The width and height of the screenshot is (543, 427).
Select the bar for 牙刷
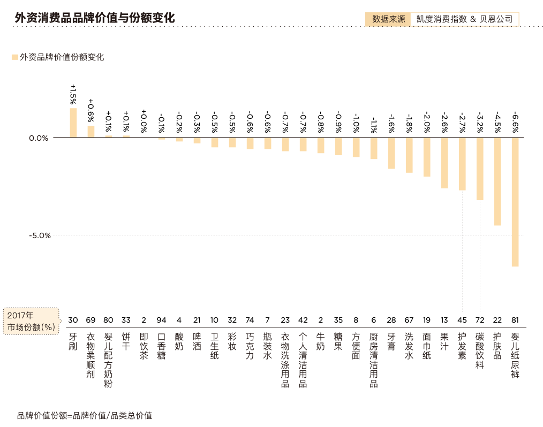tap(73, 123)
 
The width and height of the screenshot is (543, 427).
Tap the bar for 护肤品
tap(497, 181)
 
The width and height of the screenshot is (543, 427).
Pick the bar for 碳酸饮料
tap(480, 169)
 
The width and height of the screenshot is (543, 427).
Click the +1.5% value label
tap(73, 94)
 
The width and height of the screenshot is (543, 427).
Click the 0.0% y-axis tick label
tap(39, 138)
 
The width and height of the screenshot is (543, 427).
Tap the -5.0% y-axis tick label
tap(39, 235)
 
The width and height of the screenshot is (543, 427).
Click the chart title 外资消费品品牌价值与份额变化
tap(94, 18)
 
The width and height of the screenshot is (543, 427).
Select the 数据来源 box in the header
tap(388, 19)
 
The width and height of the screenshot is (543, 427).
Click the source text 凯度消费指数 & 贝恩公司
tap(464, 19)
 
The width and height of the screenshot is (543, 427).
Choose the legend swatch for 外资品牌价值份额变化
tap(14, 57)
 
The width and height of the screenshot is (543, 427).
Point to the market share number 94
tap(162, 320)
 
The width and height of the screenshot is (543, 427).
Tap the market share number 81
tap(515, 320)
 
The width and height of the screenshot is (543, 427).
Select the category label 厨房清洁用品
tap(374, 360)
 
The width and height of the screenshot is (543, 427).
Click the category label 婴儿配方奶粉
tap(109, 360)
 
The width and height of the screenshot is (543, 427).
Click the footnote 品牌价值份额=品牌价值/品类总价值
tap(85, 415)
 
